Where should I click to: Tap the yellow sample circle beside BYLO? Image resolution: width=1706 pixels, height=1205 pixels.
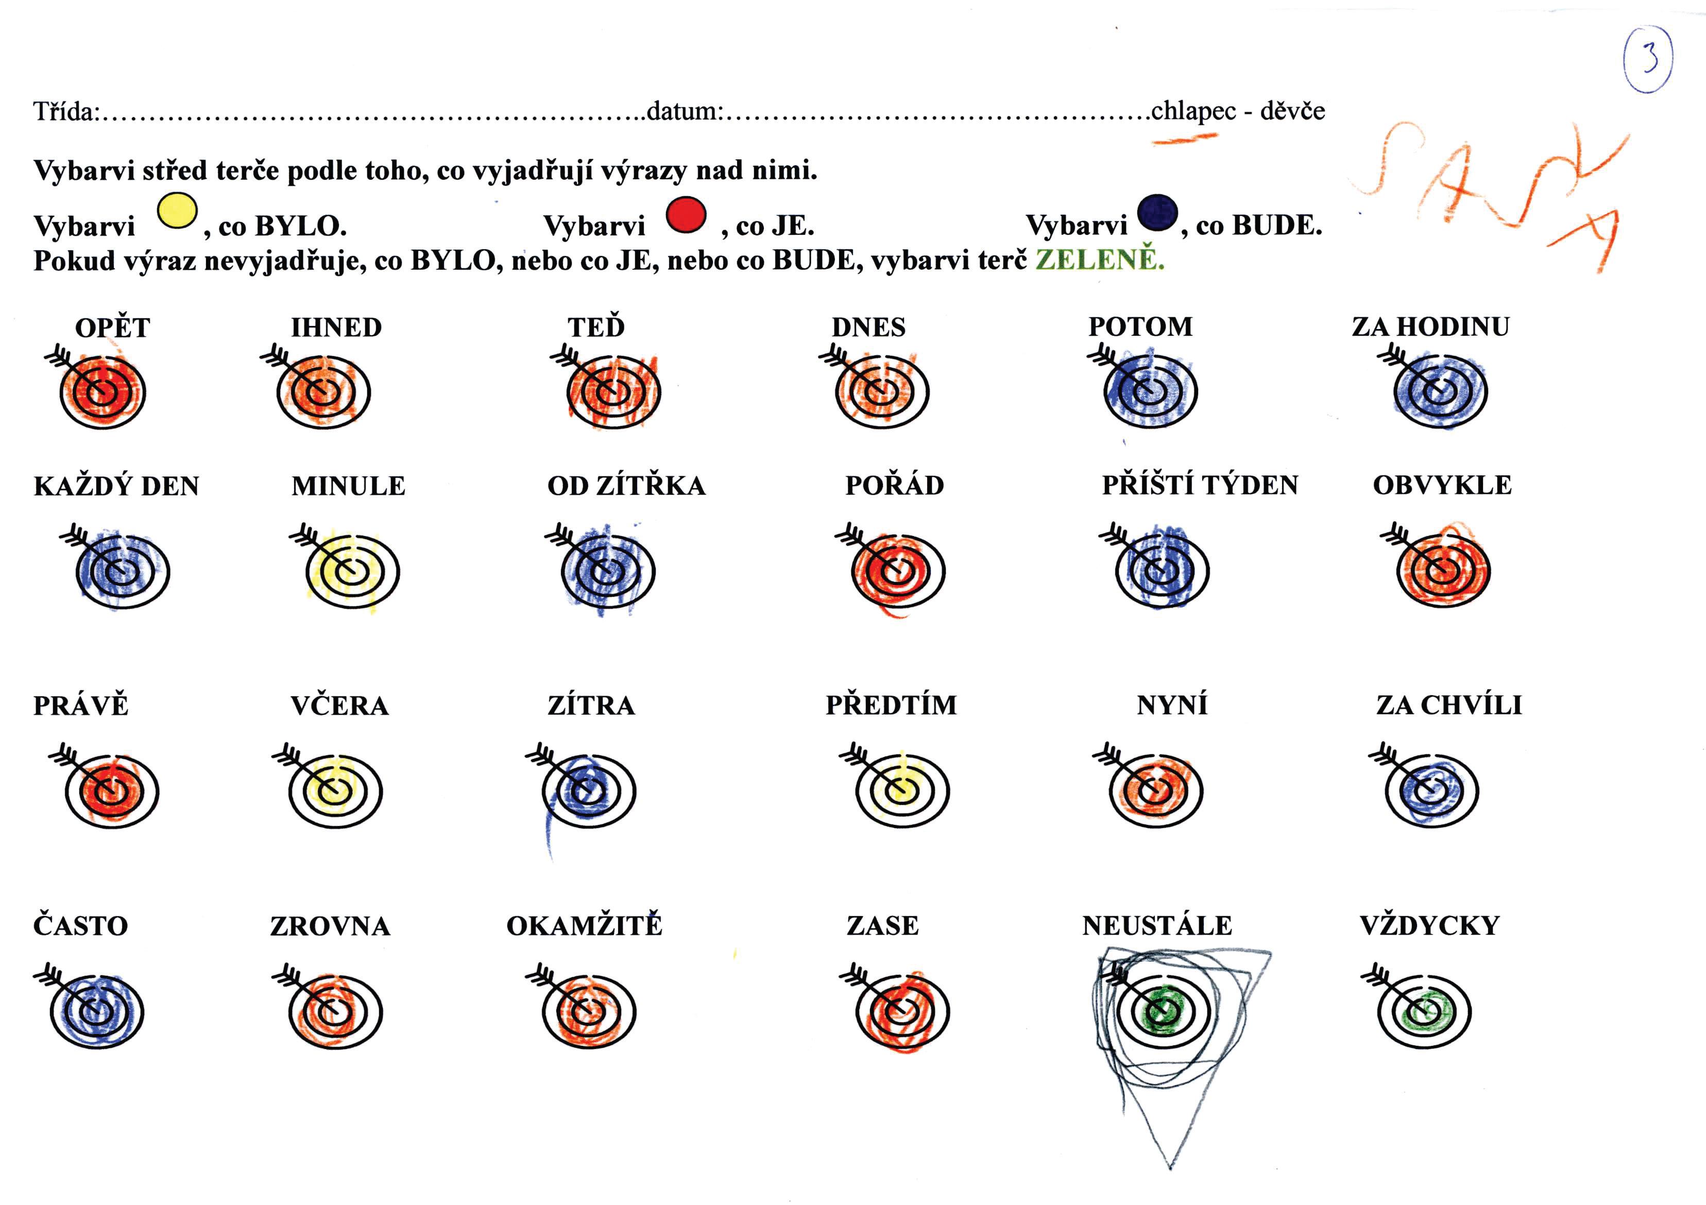pos(177,211)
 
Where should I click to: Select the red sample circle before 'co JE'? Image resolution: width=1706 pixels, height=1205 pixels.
pos(686,215)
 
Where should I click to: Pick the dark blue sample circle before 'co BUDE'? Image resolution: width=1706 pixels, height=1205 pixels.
pos(1157,213)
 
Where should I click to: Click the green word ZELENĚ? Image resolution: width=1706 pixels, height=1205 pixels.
pos(1100,260)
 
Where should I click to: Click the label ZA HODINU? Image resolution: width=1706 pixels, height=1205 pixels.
pos(1430,327)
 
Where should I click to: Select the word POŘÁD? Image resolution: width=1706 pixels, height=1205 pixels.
pos(895,485)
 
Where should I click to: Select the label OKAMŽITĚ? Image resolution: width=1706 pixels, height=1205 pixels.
pos(584,926)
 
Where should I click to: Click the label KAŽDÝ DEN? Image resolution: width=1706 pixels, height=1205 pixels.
pos(116,486)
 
